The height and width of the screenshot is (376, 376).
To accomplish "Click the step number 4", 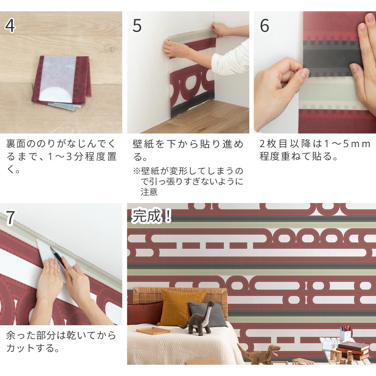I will point(10,26).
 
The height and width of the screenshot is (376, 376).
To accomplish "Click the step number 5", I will point(137,26).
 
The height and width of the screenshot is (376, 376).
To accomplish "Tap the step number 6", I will point(264,26).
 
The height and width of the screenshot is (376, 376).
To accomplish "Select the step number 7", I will point(10,218).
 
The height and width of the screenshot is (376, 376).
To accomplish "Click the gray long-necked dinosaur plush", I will point(197,321).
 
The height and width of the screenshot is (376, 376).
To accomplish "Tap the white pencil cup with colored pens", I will point(345,334).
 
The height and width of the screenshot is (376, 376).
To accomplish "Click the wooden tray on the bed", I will point(153,331).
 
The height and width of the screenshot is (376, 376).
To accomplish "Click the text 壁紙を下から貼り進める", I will point(188,150).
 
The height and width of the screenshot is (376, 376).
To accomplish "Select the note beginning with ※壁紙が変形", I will point(188,182).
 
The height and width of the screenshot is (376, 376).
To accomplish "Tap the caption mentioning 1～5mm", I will point(315,150).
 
